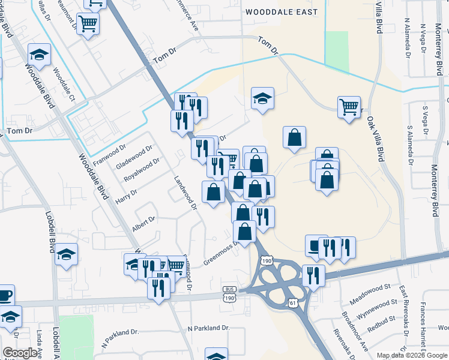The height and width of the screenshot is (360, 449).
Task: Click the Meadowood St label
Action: point(371,288)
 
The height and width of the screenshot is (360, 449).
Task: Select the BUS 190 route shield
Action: point(229,294)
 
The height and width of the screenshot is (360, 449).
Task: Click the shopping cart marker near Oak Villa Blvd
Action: point(349,107)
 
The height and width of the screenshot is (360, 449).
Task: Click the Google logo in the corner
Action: point(20,353)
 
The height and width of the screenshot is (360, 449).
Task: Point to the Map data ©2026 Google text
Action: point(412,355)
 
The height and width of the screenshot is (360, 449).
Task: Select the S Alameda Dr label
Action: point(411,146)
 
